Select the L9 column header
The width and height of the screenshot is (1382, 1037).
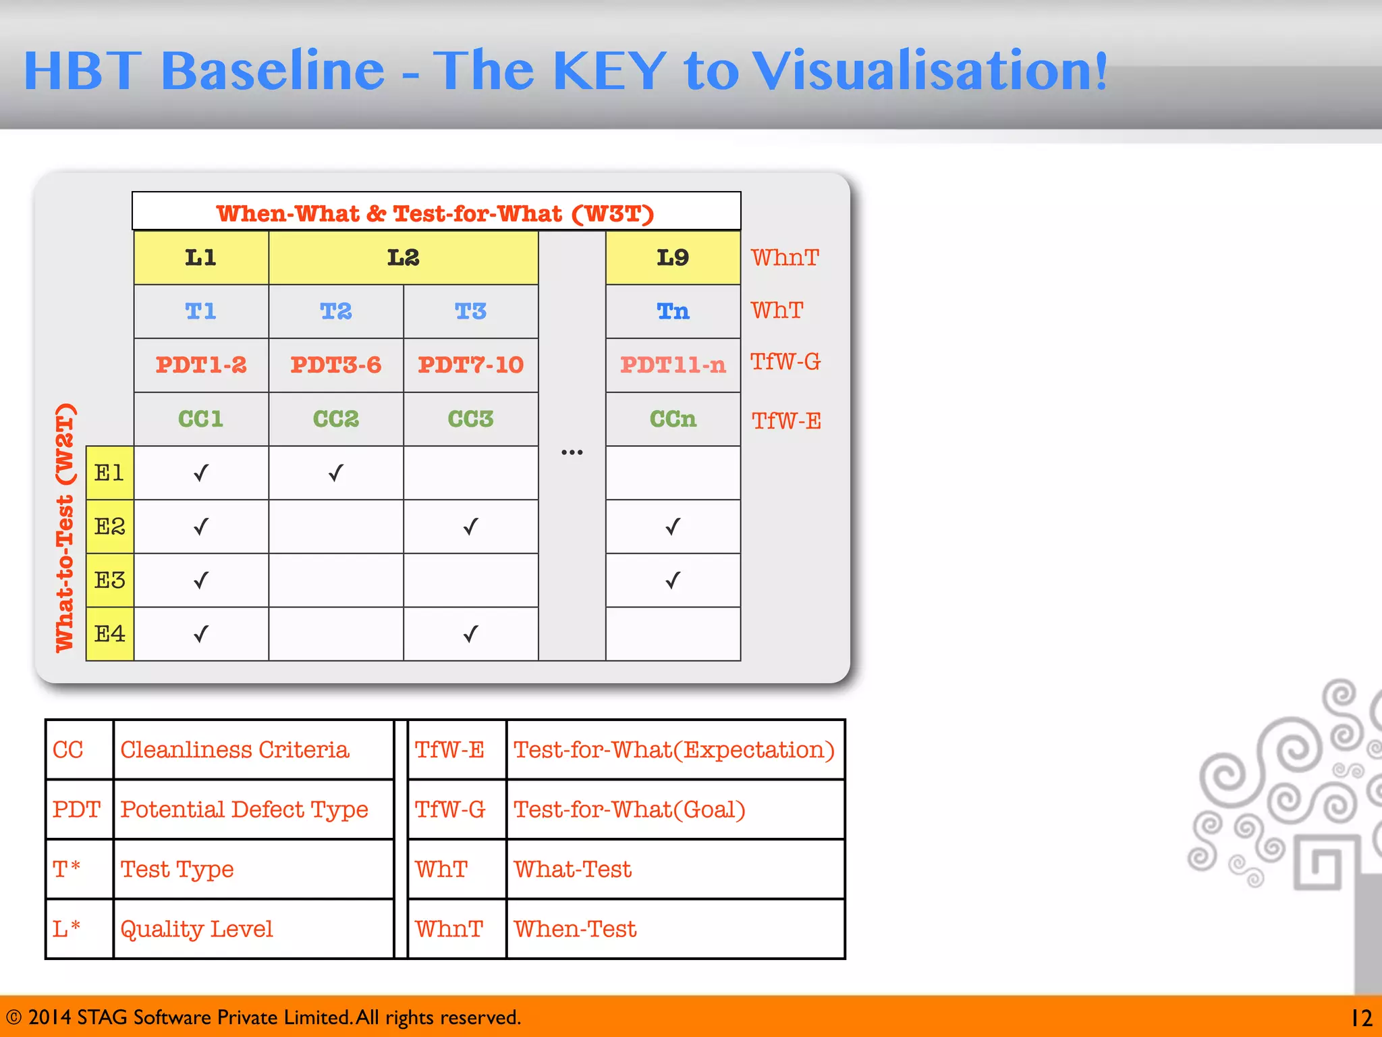[x=673, y=257]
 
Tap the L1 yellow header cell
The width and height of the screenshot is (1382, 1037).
[x=200, y=257]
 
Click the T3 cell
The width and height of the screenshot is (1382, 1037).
[x=470, y=311]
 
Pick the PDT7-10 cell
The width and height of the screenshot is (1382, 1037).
[x=470, y=365]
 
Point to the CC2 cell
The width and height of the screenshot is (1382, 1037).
[x=335, y=419]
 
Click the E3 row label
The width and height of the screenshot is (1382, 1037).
[x=110, y=580]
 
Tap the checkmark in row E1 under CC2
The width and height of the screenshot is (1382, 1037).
[x=335, y=473]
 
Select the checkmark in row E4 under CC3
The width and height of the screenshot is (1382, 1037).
[x=470, y=634]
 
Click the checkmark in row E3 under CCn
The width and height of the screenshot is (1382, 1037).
[x=673, y=580]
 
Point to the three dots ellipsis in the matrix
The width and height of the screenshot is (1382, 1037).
[x=572, y=452]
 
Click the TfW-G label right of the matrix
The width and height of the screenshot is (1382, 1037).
[x=785, y=363]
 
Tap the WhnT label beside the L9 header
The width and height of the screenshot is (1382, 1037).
[x=785, y=258]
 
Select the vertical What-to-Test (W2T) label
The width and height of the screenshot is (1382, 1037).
[x=65, y=528]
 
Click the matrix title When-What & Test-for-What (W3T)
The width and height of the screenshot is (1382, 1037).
[x=435, y=213]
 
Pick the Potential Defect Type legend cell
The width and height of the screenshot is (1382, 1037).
[x=244, y=809]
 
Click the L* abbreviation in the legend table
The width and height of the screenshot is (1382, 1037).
[x=67, y=929]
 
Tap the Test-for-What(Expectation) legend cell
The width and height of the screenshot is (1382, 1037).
[x=673, y=750]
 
